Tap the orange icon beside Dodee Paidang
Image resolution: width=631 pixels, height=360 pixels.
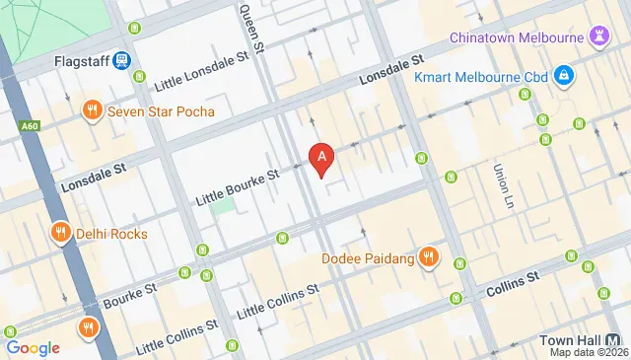(428, 258)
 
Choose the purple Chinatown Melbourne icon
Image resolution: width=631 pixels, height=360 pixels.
(597, 36)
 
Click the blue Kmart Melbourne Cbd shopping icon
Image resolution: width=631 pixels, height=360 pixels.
(563, 74)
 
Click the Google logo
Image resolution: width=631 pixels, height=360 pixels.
(33, 347)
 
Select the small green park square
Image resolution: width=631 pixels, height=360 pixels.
(224, 207)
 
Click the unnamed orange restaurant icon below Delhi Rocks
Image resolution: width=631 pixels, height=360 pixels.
(89, 327)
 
